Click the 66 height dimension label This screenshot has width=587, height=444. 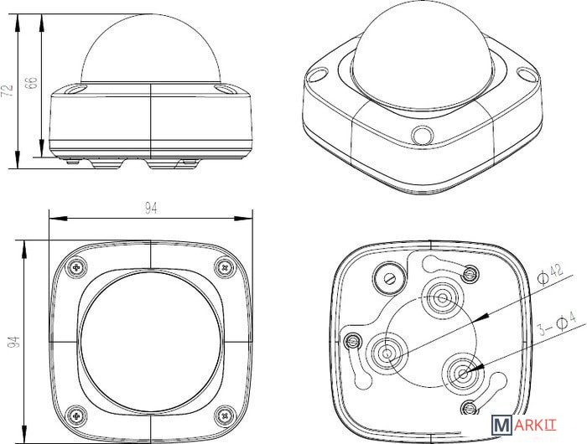click(x=32, y=83)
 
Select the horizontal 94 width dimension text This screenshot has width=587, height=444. click(x=151, y=209)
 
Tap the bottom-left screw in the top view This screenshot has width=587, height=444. click(x=77, y=412)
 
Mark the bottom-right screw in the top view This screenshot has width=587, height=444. click(x=224, y=412)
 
